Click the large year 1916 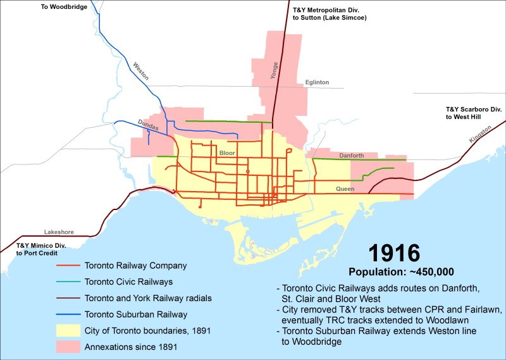tap(394, 253)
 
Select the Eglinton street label tap(316, 82)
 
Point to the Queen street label tap(345, 189)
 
